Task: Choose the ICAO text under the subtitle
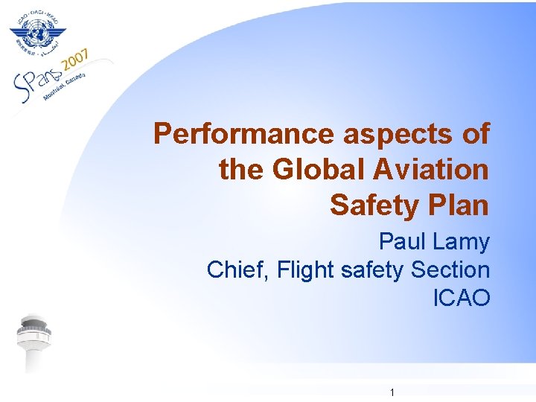(462, 299)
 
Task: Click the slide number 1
(392, 392)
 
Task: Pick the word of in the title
(473, 134)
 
